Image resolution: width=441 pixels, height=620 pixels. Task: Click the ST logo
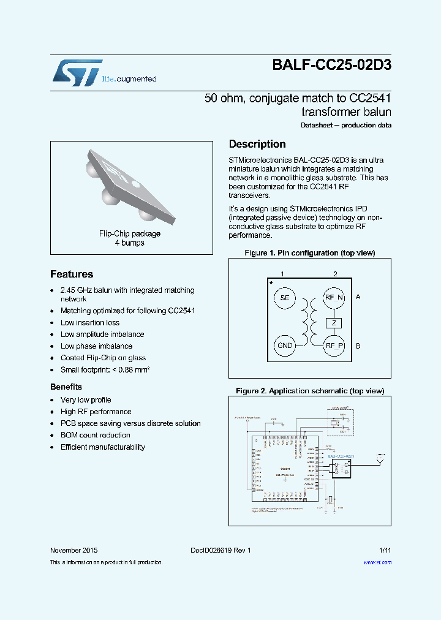77,72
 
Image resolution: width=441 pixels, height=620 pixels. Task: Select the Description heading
257,144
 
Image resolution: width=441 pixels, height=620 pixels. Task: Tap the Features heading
72,274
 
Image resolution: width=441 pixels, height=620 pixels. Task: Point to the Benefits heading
66,387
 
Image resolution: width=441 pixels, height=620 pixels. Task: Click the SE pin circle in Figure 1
284,298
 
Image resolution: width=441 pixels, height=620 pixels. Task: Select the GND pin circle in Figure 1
285,346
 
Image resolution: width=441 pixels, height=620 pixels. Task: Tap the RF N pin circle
334,298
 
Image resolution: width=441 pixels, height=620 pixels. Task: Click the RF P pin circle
334,346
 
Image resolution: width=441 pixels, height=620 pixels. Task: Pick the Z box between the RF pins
334,322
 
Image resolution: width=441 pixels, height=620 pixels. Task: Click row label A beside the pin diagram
358,297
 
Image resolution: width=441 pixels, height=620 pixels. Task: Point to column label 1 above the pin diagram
282,273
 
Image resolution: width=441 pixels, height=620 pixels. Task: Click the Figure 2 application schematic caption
310,391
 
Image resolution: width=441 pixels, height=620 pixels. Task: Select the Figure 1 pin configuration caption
310,253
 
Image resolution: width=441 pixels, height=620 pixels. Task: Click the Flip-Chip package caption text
130,233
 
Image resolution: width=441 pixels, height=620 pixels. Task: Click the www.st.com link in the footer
377,562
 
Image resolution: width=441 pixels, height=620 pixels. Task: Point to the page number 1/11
385,550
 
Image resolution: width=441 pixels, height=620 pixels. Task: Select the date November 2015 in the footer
73,550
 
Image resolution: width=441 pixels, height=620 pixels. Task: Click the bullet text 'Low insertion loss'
90,323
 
